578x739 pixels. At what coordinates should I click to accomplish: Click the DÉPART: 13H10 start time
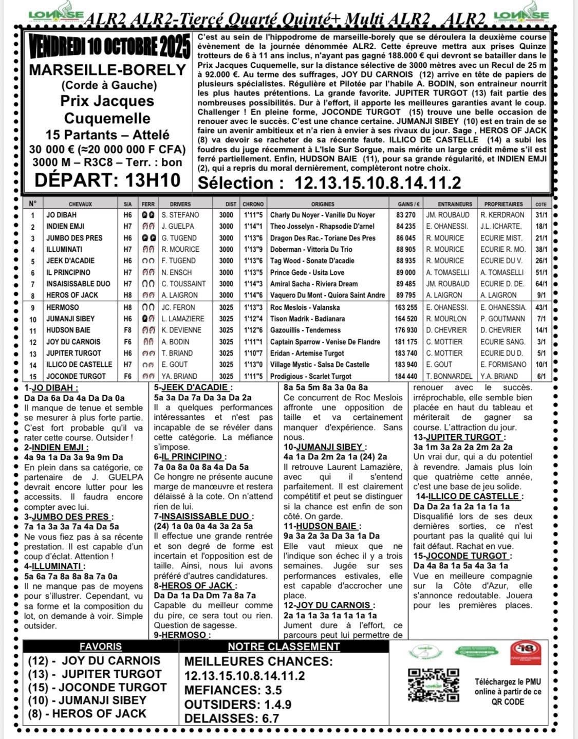coord(107,180)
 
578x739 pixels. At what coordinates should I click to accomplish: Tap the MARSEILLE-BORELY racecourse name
coord(107,69)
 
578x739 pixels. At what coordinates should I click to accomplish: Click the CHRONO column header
coord(253,204)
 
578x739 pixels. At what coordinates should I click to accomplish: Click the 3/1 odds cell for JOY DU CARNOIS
coord(541,342)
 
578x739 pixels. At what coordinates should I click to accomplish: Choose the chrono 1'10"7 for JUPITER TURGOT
coord(253,353)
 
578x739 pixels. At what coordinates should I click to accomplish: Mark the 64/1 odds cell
coord(541,284)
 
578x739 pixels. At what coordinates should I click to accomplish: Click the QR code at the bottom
coord(433,685)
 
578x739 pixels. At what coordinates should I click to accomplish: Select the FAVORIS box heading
coord(101,646)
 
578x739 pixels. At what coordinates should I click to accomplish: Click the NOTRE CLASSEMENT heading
coord(284,646)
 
